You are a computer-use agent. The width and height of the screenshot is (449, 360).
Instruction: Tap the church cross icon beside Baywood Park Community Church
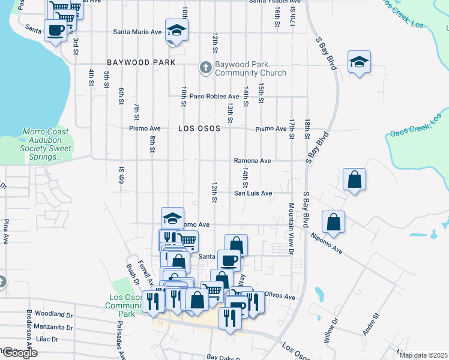(205, 67)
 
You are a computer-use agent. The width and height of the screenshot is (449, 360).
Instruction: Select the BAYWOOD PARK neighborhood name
(141, 62)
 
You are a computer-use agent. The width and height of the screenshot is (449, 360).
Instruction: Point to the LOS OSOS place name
(199, 128)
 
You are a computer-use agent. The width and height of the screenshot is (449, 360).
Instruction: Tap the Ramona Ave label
(252, 161)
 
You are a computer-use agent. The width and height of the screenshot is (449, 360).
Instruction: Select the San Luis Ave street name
(253, 193)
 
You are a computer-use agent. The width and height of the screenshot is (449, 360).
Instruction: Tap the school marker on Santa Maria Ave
(176, 30)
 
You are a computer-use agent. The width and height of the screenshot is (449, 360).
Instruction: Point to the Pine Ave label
(6, 231)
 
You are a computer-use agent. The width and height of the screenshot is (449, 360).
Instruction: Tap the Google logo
(19, 353)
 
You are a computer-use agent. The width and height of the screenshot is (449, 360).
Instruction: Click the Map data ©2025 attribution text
(423, 355)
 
